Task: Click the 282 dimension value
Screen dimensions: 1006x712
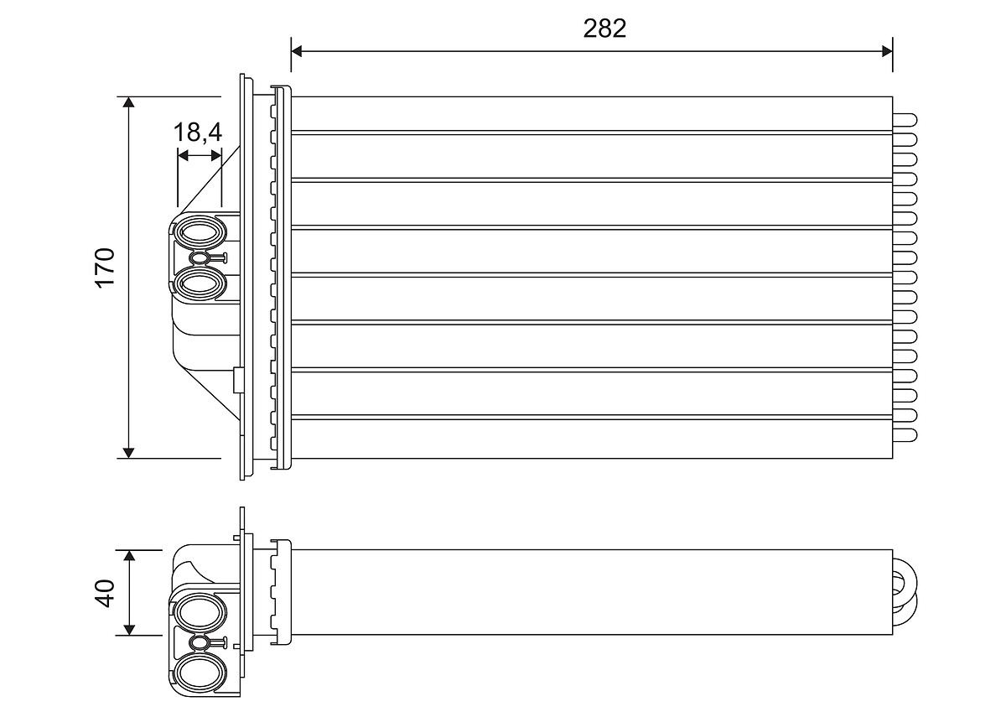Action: coord(604,29)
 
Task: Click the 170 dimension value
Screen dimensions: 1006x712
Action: coord(105,268)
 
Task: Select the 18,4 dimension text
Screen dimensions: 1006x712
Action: coord(198,132)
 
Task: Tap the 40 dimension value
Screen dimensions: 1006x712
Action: coord(105,593)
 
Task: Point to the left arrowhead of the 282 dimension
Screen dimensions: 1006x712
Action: coord(297,51)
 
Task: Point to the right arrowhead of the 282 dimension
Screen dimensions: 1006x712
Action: coord(887,51)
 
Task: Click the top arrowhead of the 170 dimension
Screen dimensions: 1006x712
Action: coord(128,102)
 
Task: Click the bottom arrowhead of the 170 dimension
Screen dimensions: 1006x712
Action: coord(128,452)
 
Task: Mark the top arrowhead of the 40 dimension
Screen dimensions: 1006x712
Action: coord(129,555)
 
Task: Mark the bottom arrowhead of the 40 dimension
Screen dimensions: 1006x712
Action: coord(129,629)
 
